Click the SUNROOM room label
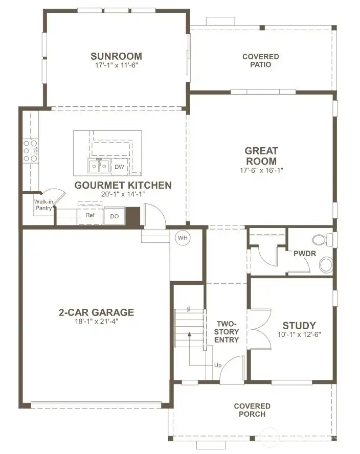[x=116, y=56]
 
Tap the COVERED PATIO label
[x=260, y=60]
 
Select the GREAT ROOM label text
[x=261, y=156]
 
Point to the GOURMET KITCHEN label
[x=123, y=185]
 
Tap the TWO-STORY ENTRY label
[x=227, y=332]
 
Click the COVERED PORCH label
[x=252, y=410]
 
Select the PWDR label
[x=303, y=254]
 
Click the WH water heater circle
[x=183, y=238]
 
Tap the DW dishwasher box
[x=119, y=167]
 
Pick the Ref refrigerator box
[x=90, y=215]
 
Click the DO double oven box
[x=114, y=216]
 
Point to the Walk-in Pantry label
[x=43, y=205]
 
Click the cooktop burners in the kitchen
[x=30, y=151]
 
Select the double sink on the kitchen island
[x=98, y=166]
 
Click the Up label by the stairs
[x=218, y=366]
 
